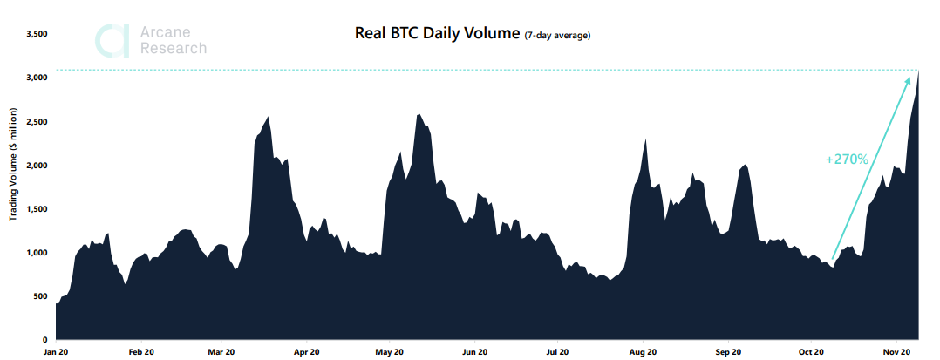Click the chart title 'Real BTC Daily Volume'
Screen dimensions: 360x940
[x=437, y=34]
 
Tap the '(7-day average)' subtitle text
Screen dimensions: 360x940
[x=558, y=36]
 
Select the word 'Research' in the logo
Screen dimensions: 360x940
[x=174, y=49]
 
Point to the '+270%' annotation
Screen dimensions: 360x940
[x=846, y=160]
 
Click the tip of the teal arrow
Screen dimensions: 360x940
[x=918, y=75]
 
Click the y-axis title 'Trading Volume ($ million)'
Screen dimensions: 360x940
[x=13, y=165]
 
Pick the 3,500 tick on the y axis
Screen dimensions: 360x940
[x=37, y=34]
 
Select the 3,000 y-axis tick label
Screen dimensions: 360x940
[x=37, y=78]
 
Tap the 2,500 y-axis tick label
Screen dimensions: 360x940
[x=37, y=121]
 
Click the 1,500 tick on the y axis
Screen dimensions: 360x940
[x=37, y=209]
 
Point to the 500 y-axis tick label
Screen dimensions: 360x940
[x=40, y=296]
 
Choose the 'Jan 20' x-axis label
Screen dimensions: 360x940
[x=56, y=352]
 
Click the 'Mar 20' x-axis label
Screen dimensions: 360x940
[x=221, y=352]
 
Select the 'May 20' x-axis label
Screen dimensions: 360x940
[x=389, y=352]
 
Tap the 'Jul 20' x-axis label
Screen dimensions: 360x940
[x=557, y=352]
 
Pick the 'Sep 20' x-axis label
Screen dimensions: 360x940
[x=728, y=352]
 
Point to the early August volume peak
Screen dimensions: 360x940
[x=645, y=139]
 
